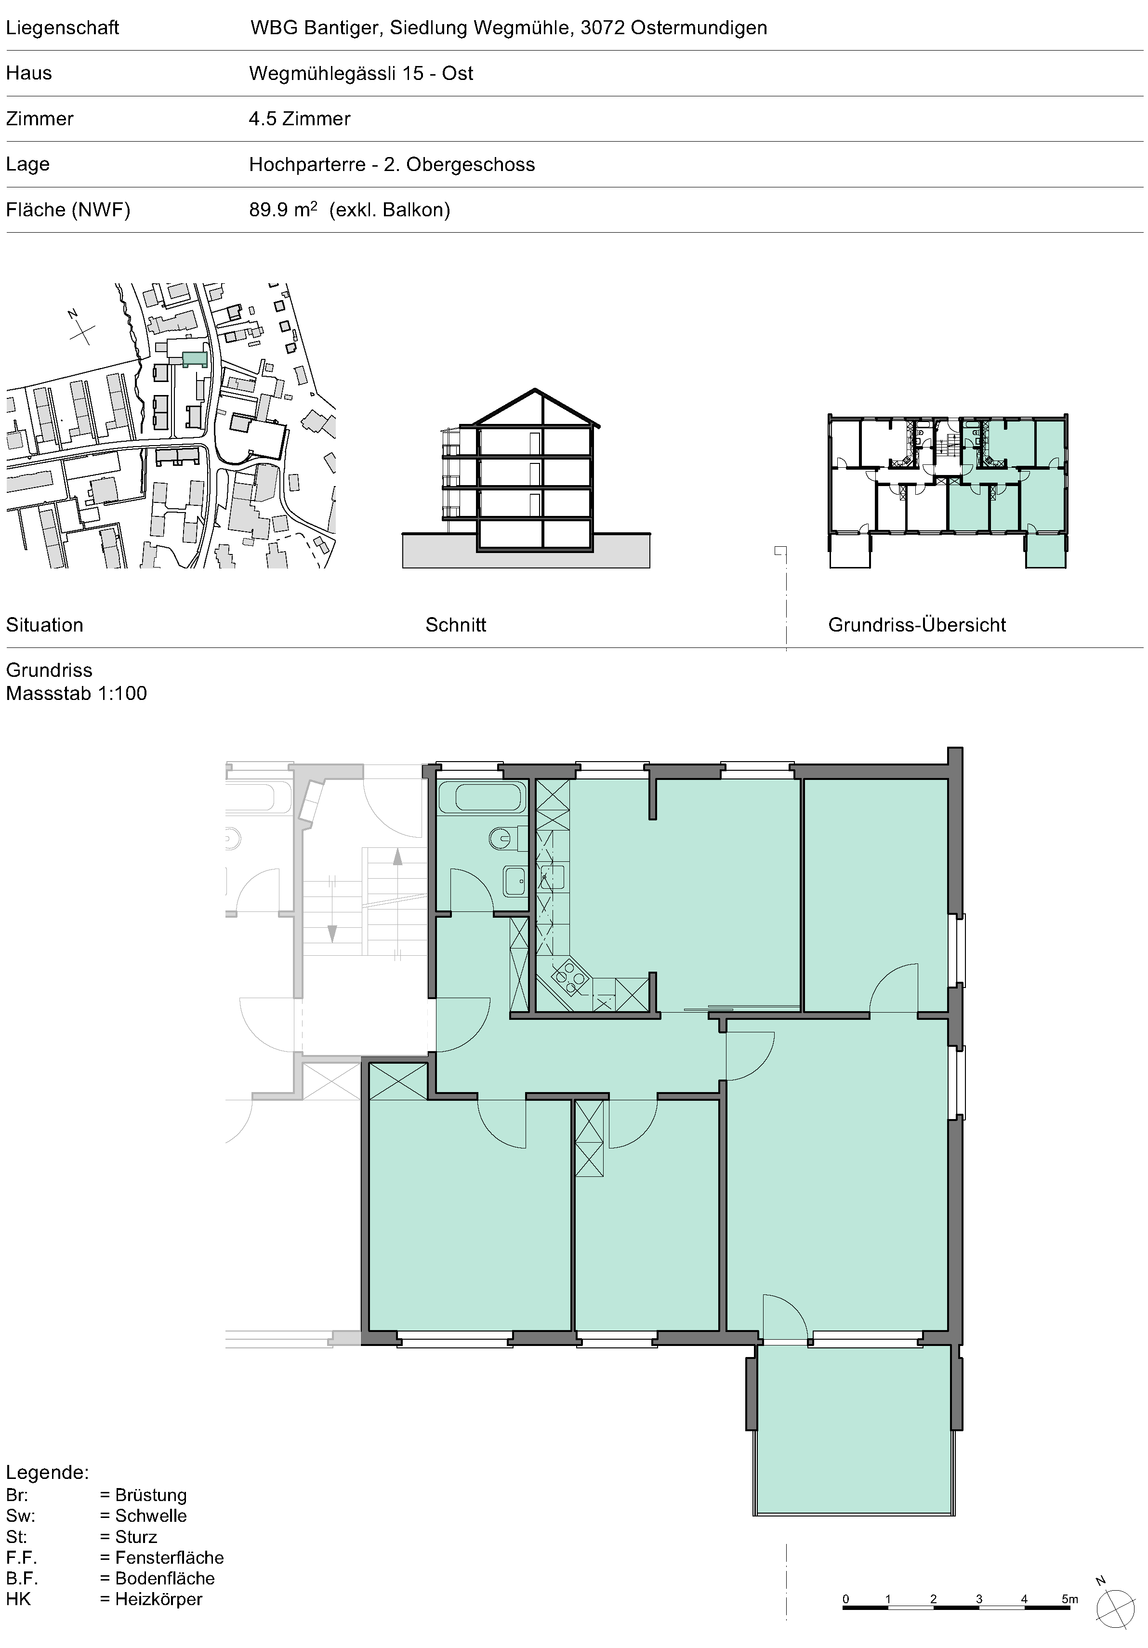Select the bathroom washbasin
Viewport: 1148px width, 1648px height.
click(x=515, y=881)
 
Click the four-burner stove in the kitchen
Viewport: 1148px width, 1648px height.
click(x=571, y=977)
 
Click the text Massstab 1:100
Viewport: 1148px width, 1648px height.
click(x=76, y=693)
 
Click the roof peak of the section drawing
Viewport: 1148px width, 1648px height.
click(x=535, y=390)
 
